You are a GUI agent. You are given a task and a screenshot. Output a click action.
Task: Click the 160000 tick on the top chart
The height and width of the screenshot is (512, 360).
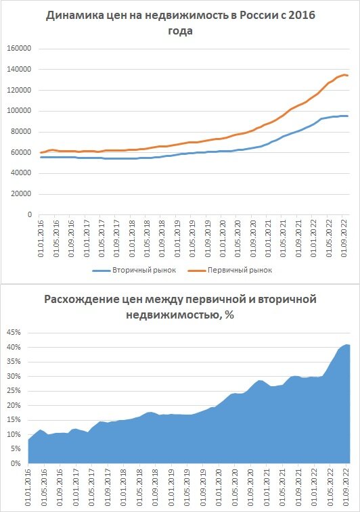point(19,48)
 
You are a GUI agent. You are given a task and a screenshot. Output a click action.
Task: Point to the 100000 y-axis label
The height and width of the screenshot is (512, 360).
point(19,111)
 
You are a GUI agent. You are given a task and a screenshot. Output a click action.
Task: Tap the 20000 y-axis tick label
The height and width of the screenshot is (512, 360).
point(20,193)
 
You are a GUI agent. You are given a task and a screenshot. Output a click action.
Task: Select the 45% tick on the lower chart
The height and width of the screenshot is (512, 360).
point(14,332)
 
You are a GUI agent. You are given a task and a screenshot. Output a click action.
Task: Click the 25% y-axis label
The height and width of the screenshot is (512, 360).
point(14,390)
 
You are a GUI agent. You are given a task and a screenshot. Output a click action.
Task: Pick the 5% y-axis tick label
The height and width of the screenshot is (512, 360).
point(15,448)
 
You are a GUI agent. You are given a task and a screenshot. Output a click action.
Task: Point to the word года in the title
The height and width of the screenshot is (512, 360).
point(180,30)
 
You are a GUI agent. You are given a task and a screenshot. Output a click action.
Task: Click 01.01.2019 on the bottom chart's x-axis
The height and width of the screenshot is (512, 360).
point(171,488)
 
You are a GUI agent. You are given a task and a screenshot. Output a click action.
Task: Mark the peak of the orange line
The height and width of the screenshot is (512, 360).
point(344,75)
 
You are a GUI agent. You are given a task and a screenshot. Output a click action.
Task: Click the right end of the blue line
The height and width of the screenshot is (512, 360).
point(348,116)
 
